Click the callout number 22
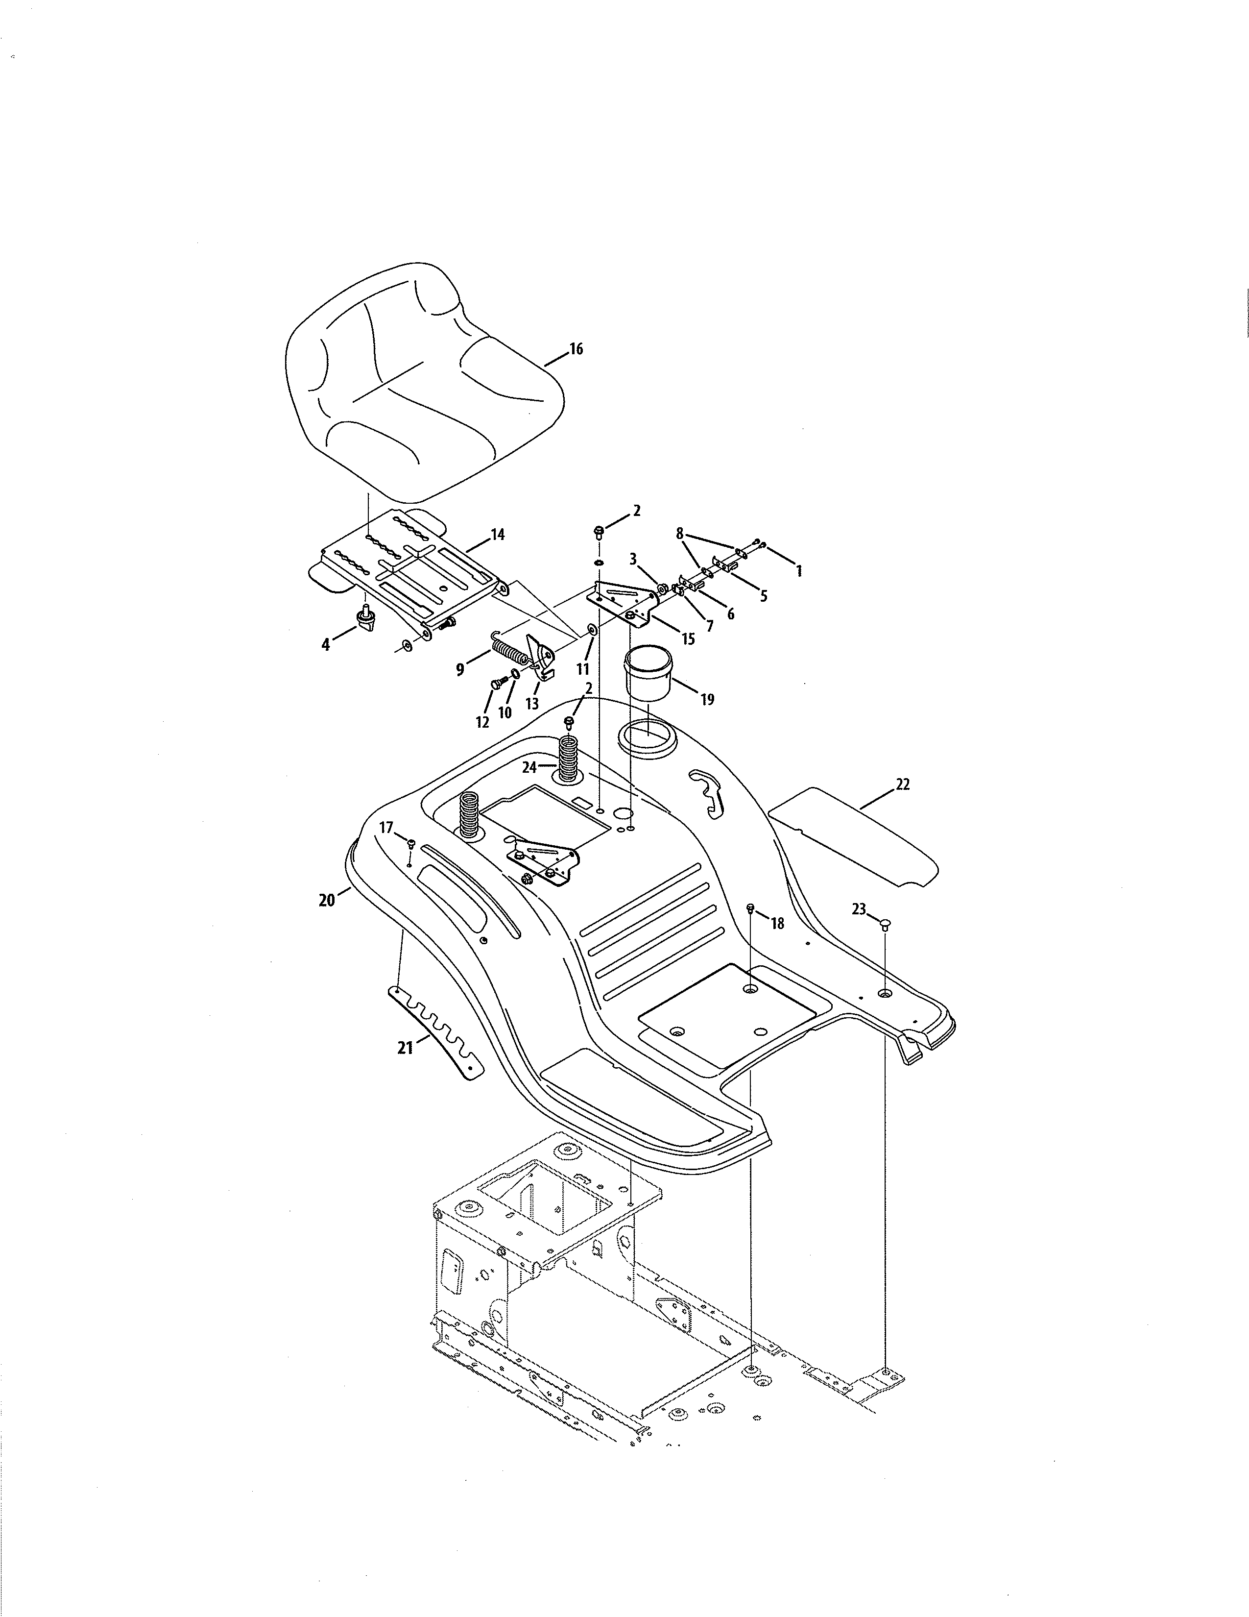tap(903, 785)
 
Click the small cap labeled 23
tap(886, 923)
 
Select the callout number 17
tap(386, 828)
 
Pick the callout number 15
tap(688, 638)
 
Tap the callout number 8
tap(679, 533)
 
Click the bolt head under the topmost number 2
tap(599, 531)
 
